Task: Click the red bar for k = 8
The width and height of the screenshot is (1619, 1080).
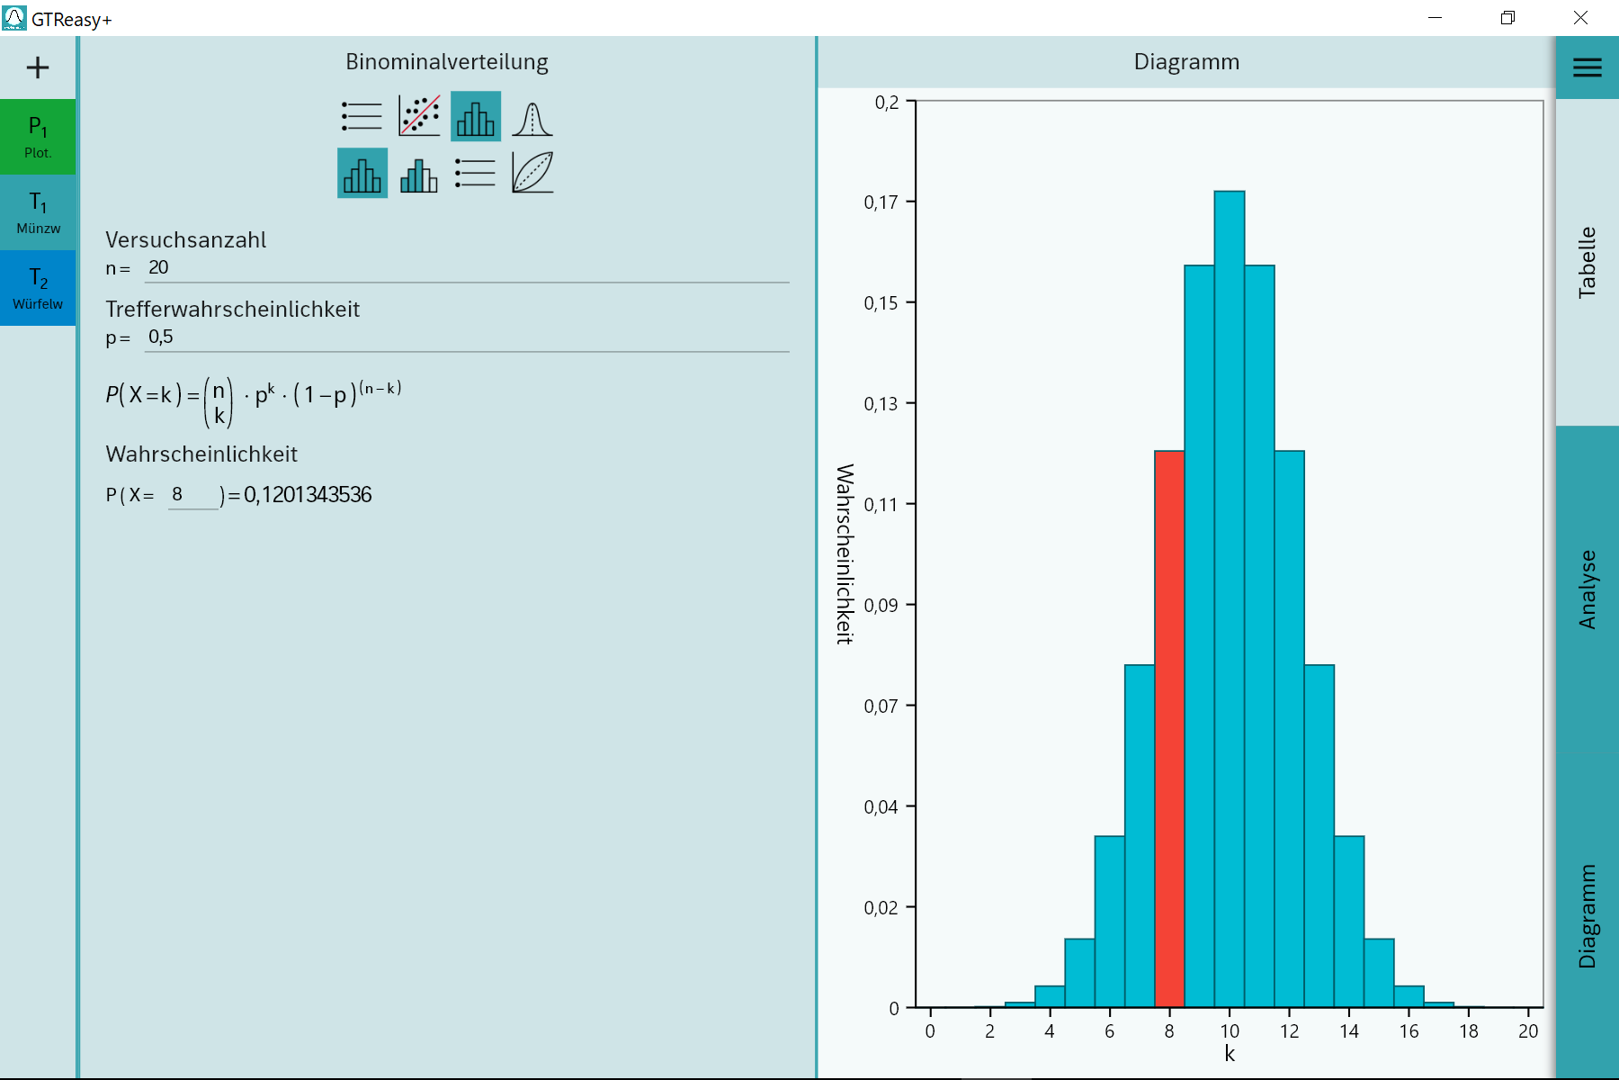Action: [x=1169, y=729]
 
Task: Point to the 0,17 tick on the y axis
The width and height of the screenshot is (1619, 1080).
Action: [x=881, y=202]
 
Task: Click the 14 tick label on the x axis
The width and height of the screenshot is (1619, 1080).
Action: [x=1349, y=1031]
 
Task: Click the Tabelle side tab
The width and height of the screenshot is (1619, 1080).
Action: [x=1587, y=262]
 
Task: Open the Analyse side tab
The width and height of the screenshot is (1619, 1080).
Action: [x=1587, y=589]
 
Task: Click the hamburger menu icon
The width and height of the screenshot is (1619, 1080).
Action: [x=1587, y=67]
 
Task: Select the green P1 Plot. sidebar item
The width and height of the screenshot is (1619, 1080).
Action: [x=38, y=137]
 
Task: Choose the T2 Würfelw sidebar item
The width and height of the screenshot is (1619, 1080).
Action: [x=38, y=288]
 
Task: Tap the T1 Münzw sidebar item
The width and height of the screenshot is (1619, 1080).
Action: [x=38, y=212]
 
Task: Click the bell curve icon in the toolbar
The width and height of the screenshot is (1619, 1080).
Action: [x=532, y=117]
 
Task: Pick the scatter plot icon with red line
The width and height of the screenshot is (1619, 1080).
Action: [x=419, y=116]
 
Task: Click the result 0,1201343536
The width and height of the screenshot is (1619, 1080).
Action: [x=308, y=495]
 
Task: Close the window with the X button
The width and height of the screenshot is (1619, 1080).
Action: [x=1580, y=18]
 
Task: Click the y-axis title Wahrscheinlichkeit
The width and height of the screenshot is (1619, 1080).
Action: [x=845, y=553]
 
